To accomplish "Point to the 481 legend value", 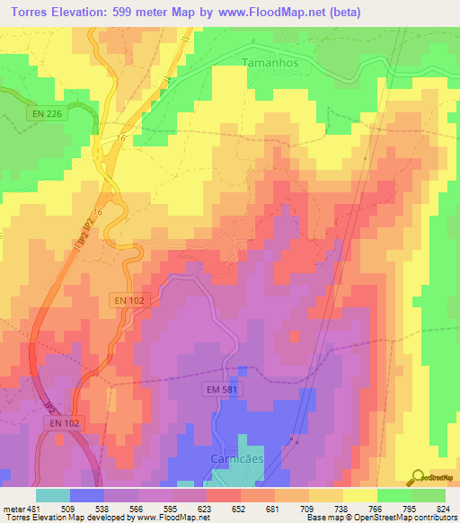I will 33,508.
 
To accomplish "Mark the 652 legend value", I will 240,508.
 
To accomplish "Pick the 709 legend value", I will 307,508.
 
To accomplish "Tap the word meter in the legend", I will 13,508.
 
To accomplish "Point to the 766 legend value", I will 376,508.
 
